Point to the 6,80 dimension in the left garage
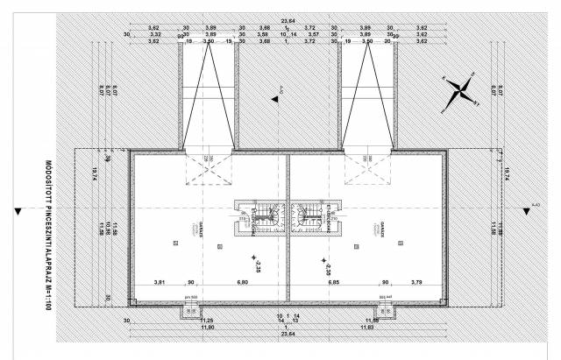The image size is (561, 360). point(241,283)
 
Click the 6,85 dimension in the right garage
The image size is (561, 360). point(333,283)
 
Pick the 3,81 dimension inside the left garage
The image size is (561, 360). point(160,283)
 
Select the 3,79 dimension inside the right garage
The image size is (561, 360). point(415,283)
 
